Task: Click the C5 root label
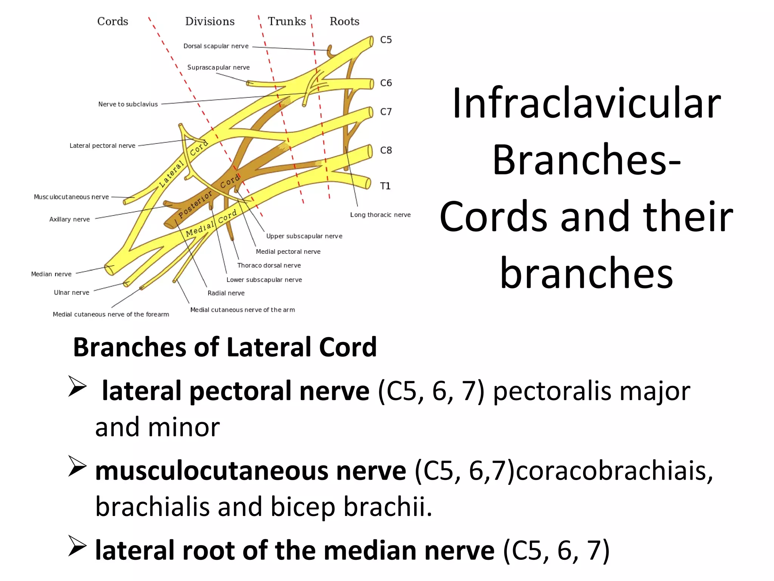coord(385,40)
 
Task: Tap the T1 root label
coord(385,186)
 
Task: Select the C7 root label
coord(385,112)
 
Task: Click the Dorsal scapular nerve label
coord(216,46)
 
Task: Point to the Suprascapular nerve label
coord(218,67)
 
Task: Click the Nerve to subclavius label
coord(128,104)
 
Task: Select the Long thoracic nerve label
coord(380,215)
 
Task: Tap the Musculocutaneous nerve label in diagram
coord(71,197)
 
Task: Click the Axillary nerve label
coord(70,219)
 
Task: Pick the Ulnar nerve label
coord(71,292)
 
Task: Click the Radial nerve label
coord(226,293)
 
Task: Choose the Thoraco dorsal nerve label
coord(269,266)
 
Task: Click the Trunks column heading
coord(286,22)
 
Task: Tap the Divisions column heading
coord(210,22)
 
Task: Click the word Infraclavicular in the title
coord(586,103)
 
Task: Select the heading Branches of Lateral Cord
coord(224,347)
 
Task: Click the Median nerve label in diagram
coord(51,274)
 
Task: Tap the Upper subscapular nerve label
coord(304,236)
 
